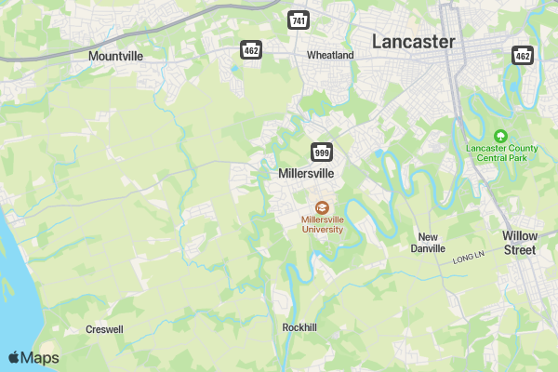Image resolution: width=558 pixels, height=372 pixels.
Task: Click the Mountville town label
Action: (115, 56)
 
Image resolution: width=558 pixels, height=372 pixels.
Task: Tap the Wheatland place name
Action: (330, 55)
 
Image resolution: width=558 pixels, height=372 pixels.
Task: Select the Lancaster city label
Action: (413, 42)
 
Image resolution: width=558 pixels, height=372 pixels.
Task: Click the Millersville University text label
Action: (322, 224)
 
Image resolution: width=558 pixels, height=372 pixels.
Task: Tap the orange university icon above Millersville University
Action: (322, 207)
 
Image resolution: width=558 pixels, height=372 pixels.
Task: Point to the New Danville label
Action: (428, 243)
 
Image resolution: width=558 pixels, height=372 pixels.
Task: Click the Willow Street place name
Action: (519, 243)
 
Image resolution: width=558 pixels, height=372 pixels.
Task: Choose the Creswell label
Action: (104, 329)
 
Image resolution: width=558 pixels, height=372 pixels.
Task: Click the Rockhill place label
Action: (299, 327)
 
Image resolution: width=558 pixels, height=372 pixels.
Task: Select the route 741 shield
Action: (299, 20)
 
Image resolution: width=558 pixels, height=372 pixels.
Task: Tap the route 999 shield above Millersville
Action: (322, 153)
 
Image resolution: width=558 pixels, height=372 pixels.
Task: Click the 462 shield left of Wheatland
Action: (251, 50)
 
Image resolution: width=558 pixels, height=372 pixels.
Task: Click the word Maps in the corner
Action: (40, 358)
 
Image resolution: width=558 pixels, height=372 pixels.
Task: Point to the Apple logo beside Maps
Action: (14, 357)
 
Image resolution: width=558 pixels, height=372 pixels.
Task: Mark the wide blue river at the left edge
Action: (17, 279)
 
